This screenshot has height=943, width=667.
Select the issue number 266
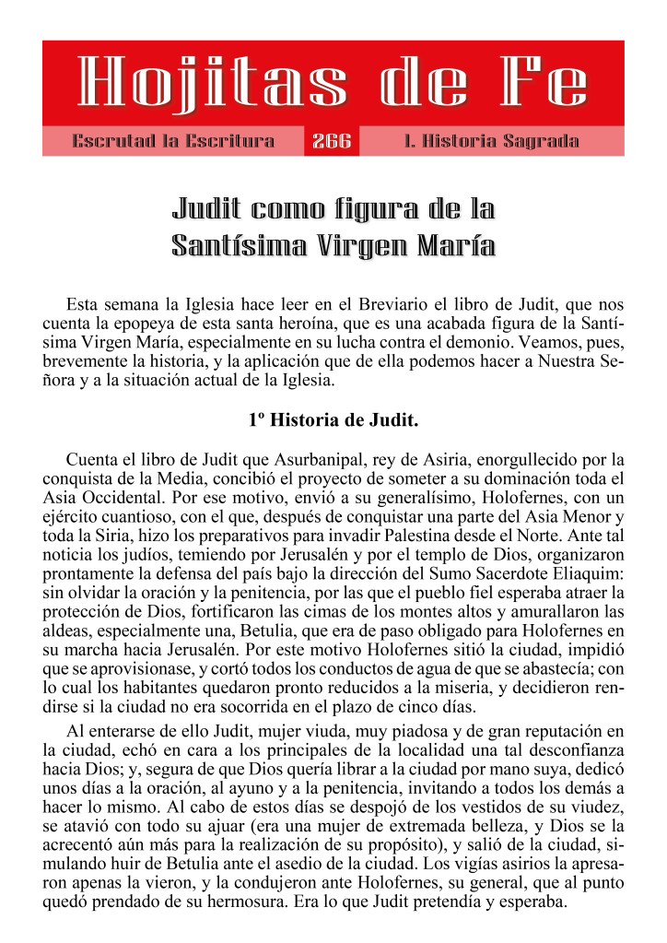point(332,142)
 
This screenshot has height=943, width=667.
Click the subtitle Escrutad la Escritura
point(173,142)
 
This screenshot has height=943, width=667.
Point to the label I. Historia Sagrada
point(492,142)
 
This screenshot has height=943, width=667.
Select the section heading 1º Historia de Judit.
point(333,421)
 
